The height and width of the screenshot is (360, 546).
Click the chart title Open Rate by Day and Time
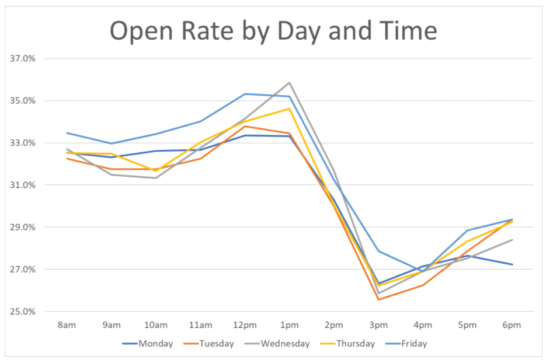point(273,31)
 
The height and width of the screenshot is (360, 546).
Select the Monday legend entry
point(155,344)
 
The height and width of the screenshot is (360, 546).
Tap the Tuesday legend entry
point(216,344)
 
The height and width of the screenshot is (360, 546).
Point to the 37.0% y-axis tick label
point(23,58)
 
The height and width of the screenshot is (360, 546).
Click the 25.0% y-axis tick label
point(23,312)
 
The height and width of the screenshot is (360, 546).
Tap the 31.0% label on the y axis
point(23,185)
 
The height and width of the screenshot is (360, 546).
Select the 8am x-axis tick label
point(67,324)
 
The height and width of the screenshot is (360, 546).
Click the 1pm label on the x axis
point(289,324)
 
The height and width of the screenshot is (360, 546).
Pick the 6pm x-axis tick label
point(512,324)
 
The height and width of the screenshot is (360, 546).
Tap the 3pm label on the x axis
point(378,324)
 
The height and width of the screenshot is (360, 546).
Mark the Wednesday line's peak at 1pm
point(289,83)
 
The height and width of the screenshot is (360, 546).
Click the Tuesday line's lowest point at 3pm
point(378,299)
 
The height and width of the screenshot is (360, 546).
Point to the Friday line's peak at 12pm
point(245,94)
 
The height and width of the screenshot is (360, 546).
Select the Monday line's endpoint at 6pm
point(512,264)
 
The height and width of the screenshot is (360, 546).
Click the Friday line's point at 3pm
point(378,251)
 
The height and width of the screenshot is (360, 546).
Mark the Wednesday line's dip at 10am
point(156,178)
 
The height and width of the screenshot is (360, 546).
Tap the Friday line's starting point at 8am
point(67,133)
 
